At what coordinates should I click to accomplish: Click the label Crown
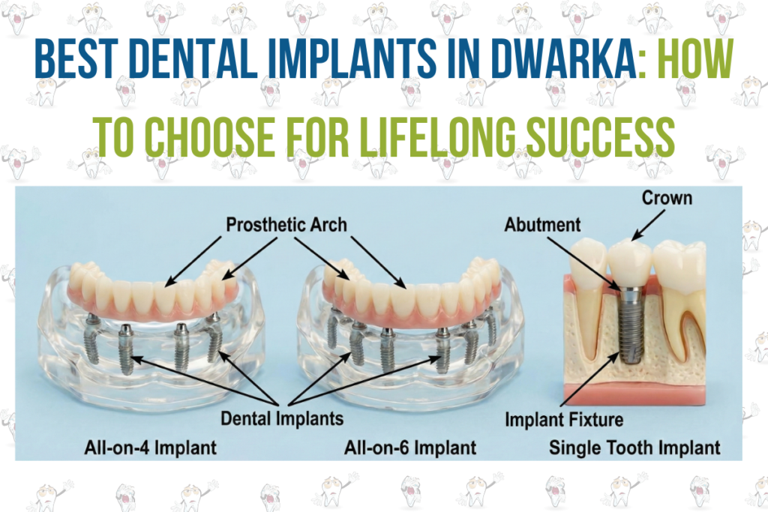[666, 199]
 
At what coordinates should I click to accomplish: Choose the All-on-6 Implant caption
[410, 448]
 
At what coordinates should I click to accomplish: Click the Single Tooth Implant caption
[634, 448]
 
